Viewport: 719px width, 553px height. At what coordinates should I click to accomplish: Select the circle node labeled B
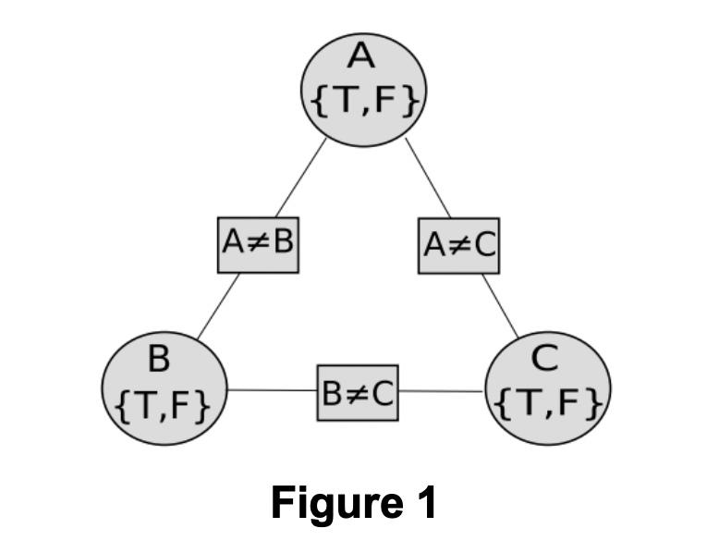point(163,387)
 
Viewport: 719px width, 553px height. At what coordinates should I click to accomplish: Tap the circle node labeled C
point(547,388)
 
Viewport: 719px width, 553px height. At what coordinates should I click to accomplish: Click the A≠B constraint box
point(258,243)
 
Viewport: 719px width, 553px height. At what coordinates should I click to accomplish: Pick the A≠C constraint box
point(458,245)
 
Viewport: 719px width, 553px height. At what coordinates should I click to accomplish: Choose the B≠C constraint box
point(358,392)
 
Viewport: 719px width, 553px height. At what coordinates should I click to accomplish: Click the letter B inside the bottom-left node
point(159,359)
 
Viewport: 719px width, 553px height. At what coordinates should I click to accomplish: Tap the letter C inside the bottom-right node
point(545,359)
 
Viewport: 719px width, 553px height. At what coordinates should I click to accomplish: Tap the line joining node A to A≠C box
point(427,177)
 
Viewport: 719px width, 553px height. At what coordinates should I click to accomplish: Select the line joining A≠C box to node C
point(500,306)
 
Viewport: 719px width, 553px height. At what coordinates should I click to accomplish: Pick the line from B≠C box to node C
point(442,391)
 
